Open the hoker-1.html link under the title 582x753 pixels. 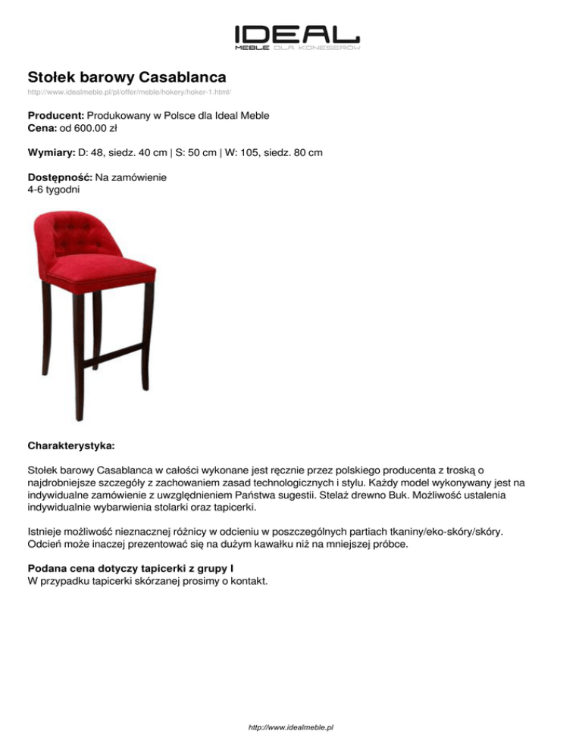coord(129,92)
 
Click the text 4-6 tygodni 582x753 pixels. coord(52,189)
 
